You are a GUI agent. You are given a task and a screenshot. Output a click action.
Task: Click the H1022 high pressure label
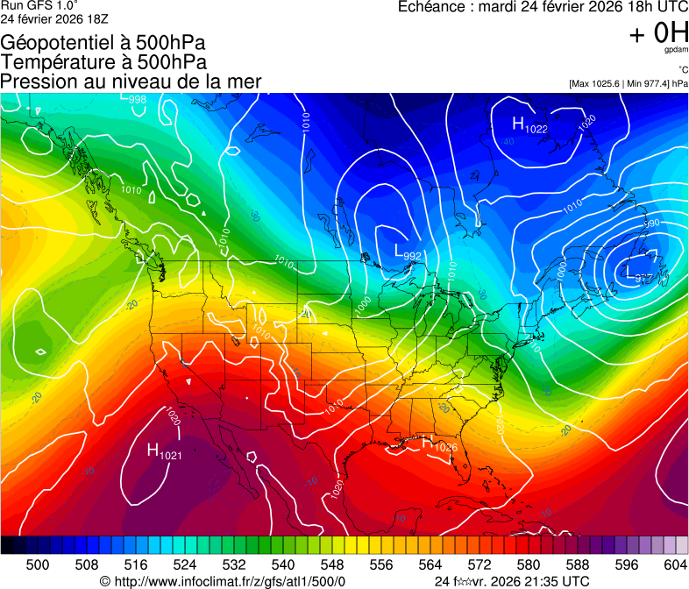(529, 126)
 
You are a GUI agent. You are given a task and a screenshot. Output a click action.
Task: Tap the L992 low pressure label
(408, 253)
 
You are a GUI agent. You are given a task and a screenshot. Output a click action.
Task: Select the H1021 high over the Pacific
(164, 452)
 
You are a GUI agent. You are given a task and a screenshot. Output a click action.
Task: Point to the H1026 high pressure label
(440, 444)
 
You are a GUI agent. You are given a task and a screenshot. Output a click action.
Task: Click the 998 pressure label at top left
(137, 99)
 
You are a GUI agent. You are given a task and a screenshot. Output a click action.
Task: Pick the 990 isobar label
(650, 224)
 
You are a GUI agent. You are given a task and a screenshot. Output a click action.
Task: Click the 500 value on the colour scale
(38, 564)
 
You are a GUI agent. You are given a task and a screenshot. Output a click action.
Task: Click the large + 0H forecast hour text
(658, 33)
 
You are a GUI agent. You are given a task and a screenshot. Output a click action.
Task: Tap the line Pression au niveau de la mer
(131, 82)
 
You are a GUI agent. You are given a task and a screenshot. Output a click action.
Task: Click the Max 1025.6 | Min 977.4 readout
(628, 83)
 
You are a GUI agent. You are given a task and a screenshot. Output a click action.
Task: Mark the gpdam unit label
(676, 51)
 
